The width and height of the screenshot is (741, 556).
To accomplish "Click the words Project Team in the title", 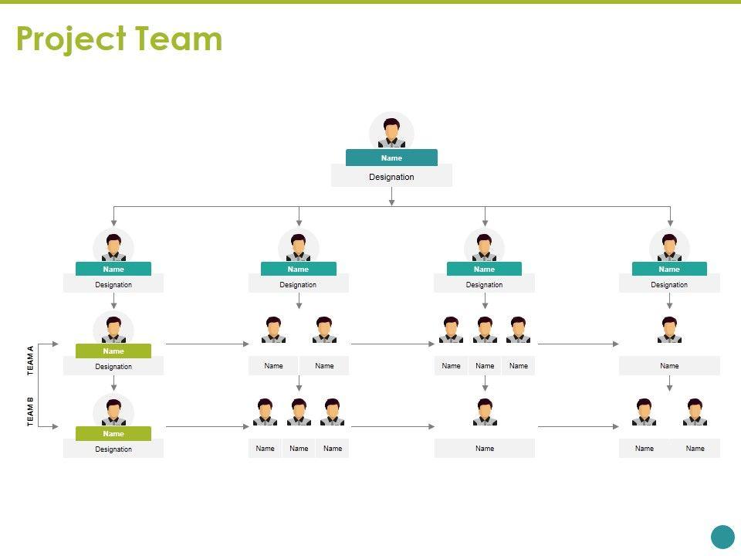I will point(119,39).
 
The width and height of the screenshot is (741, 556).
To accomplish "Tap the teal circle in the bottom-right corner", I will point(722,537).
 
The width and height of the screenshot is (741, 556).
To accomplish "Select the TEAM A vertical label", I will point(31,361).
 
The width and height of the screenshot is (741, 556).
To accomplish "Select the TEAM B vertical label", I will point(31,412).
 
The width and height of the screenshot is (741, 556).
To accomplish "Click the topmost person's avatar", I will point(391,132).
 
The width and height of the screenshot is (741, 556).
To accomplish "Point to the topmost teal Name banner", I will point(391,158).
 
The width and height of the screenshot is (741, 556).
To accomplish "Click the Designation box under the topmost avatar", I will point(391,177).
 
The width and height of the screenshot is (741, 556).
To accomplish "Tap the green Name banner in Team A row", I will point(113,351).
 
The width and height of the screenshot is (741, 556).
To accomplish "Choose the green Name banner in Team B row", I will point(113,433).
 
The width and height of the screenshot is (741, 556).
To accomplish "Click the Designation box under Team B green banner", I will point(113,449).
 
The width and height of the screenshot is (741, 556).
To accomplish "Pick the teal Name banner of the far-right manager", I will point(669,269).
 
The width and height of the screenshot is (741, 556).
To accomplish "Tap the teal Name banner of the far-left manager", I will point(113,269).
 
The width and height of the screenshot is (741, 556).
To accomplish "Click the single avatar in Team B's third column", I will point(485,412).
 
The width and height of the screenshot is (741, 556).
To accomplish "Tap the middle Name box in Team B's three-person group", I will point(299,449).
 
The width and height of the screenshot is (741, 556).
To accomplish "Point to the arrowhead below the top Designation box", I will point(391,202).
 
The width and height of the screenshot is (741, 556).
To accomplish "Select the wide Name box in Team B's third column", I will point(485,449).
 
